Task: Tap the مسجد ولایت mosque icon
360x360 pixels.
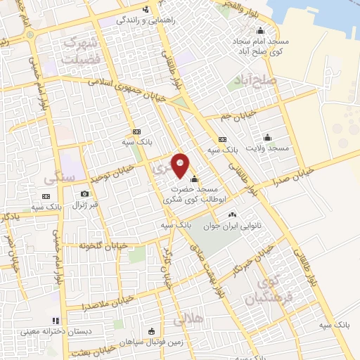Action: coord(267,137)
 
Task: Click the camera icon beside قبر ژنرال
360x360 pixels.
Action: coord(85,193)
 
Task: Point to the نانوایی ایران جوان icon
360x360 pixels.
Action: coord(232,214)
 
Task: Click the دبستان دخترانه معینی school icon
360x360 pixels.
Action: coord(56,321)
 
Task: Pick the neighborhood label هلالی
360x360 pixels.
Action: coord(187,320)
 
